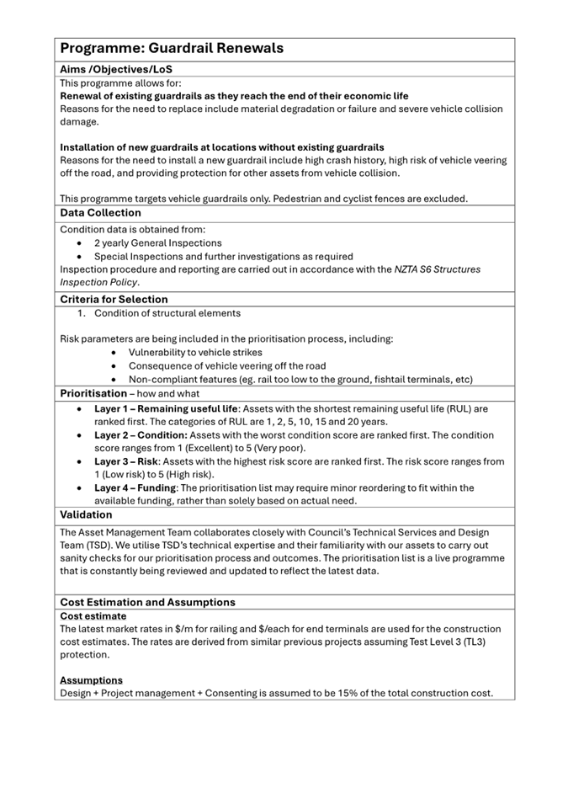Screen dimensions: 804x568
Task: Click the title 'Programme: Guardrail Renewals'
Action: tap(172, 49)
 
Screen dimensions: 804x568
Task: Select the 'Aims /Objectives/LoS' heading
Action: tap(117, 69)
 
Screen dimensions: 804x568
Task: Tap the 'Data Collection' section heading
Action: tap(100, 213)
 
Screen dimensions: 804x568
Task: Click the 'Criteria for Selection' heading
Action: tap(114, 299)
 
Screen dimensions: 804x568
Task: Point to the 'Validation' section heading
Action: tap(86, 514)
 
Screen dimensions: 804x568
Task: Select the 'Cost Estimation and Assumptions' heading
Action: tap(147, 602)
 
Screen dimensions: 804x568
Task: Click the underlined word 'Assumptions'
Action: tap(91, 680)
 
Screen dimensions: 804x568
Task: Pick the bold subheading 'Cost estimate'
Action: tap(93, 616)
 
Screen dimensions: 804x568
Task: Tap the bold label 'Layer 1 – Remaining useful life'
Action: tap(166, 409)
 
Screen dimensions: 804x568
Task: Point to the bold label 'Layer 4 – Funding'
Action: tap(134, 487)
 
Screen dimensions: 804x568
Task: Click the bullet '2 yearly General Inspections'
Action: tap(157, 243)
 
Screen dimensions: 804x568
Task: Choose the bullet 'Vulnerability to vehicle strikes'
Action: tap(195, 353)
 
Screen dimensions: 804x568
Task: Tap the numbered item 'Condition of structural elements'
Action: tap(167, 313)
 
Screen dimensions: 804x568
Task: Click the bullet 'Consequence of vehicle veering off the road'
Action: tap(227, 365)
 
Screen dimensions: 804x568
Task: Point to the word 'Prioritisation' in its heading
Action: tap(93, 393)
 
